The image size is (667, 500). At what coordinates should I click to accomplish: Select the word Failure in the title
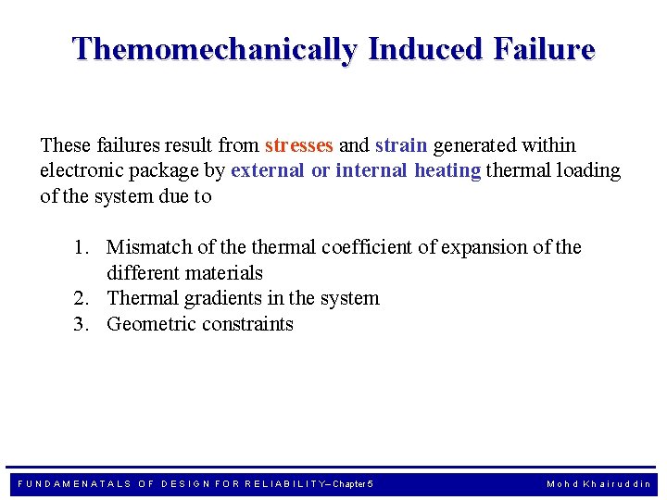(547, 49)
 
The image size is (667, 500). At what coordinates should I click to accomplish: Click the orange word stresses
(298, 145)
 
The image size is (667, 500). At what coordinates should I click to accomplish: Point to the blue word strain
(401, 145)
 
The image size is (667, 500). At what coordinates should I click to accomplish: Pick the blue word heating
(447, 171)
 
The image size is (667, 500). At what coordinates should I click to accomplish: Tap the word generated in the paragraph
(474, 145)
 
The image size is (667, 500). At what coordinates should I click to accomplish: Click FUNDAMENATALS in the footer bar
(75, 484)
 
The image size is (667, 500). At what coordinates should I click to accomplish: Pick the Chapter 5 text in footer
(353, 484)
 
